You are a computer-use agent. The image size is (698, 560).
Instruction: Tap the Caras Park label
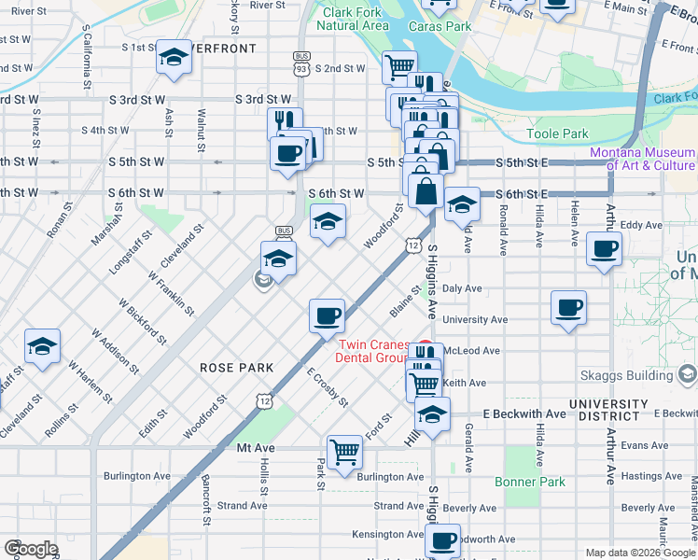(445, 27)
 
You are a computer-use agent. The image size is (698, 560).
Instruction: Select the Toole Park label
(557, 134)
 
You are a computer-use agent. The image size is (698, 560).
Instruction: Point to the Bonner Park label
(529, 482)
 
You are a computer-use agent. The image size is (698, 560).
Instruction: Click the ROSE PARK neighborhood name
(237, 368)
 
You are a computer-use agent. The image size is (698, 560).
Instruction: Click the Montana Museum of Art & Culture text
(642, 159)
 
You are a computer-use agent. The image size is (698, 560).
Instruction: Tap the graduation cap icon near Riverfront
(174, 58)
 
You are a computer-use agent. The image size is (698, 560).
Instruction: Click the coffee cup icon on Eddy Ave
(604, 250)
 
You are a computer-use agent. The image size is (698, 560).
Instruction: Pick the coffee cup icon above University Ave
(568, 307)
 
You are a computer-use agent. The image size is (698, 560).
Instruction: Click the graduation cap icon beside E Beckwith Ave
(432, 413)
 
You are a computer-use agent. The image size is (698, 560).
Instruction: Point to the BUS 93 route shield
(300, 63)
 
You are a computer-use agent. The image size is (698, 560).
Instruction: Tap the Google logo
(31, 548)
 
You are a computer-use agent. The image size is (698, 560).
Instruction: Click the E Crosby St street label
(327, 387)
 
